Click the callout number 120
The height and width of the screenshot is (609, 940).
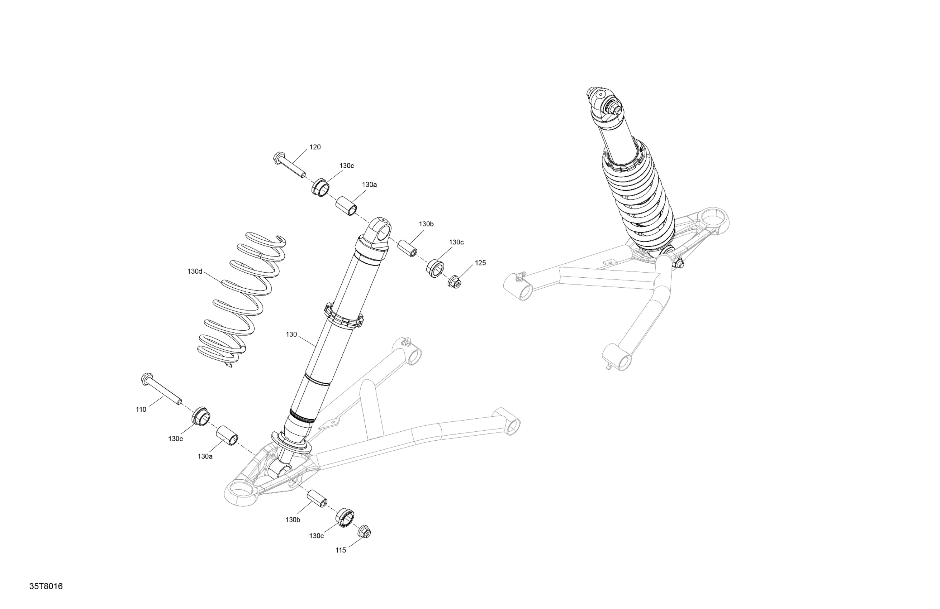[315, 147]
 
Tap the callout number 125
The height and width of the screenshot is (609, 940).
[480, 263]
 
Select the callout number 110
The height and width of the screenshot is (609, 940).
[141, 409]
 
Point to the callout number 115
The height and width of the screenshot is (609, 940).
[341, 550]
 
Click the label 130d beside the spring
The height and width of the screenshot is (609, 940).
[195, 272]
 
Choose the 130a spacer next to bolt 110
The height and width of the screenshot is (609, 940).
[227, 435]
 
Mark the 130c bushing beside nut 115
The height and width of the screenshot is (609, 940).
[345, 517]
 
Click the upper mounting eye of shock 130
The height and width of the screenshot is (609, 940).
[381, 234]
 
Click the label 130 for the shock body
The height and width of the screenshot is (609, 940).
[291, 334]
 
